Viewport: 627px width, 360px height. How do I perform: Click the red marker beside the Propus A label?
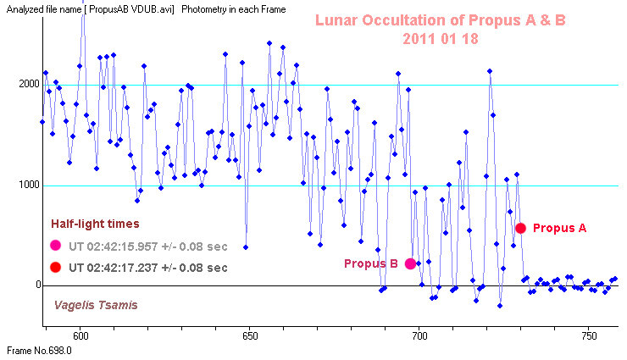[x=520, y=228]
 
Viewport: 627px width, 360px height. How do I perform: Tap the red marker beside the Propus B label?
[x=411, y=263]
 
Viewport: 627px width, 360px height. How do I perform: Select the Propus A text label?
[x=559, y=228]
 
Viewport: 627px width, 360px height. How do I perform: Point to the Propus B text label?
[x=370, y=263]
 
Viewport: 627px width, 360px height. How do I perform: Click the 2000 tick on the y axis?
[x=28, y=85]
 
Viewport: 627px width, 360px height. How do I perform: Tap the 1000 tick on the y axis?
[x=28, y=186]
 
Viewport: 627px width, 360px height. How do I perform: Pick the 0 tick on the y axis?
[x=38, y=285]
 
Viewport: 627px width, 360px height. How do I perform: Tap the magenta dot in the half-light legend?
[x=56, y=246]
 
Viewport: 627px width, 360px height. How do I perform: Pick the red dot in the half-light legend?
[x=56, y=268]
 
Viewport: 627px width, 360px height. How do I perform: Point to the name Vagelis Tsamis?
[x=95, y=305]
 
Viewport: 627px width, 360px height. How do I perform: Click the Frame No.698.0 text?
[x=40, y=350]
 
